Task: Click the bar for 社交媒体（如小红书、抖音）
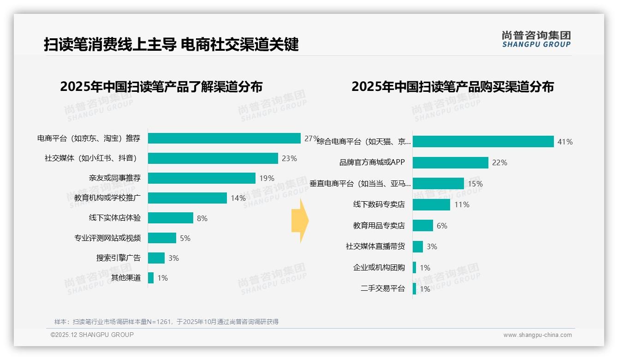pos(213,158)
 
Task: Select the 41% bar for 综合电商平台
pos(483,142)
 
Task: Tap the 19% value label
pos(267,178)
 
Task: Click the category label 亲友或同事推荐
pos(114,178)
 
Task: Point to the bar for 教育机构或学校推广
pos(187,198)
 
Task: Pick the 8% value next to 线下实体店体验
pos(202,218)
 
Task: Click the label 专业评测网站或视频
pos(107,238)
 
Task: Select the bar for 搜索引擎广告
pos(156,258)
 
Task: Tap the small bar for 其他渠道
pos(151,278)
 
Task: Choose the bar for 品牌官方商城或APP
pos(450,162)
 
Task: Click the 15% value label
pos(475,184)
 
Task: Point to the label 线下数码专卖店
pos(379,204)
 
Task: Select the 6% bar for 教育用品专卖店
pos(422,226)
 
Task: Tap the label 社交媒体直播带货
pos(375,246)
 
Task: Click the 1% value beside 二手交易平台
pos(425,289)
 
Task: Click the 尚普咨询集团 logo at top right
pos(536,39)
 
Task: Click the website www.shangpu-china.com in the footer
pos(537,335)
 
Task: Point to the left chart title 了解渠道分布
pos(161,87)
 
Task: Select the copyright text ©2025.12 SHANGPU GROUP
pos(92,335)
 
